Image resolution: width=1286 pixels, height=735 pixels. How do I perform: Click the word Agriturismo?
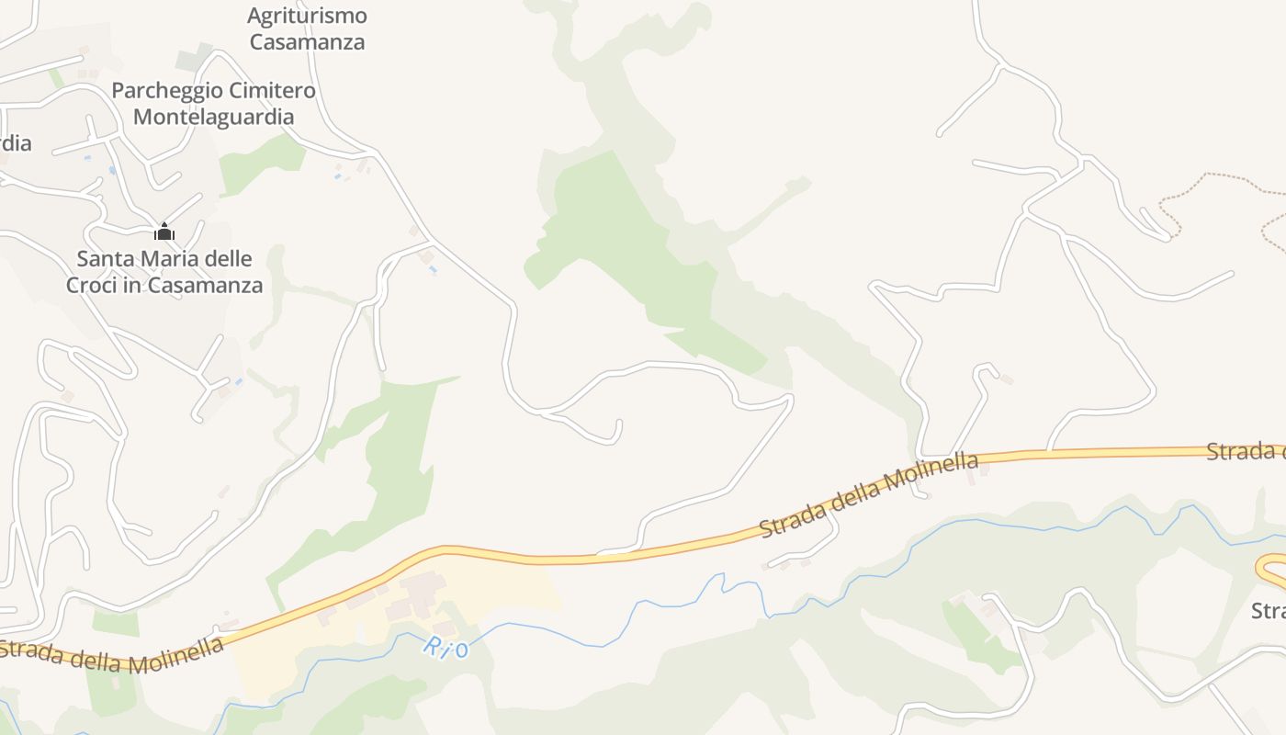coord(307,16)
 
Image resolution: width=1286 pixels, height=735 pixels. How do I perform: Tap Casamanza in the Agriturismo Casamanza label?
coord(307,41)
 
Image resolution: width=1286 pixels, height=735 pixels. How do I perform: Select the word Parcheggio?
coord(166,91)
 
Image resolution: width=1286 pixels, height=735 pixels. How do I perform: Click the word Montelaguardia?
coord(213,117)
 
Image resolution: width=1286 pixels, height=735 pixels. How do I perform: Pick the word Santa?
coord(106,259)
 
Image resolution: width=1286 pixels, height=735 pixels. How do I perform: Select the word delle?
coord(230,259)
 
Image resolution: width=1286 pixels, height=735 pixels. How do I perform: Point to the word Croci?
coord(93,285)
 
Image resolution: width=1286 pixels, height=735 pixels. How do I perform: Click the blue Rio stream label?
coord(446,648)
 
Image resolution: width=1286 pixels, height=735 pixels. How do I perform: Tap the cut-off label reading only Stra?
coord(1269,611)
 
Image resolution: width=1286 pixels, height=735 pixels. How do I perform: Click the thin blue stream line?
coord(1010,526)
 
